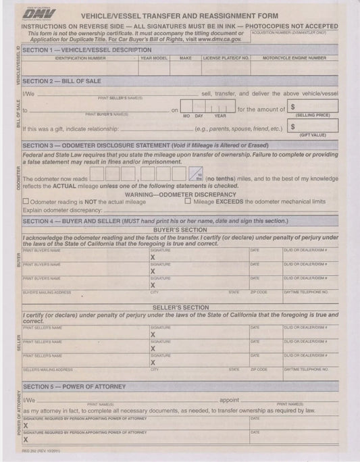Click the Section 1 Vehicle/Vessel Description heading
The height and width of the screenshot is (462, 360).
point(87,51)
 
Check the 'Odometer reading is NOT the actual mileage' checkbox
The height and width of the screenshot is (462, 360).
point(26,202)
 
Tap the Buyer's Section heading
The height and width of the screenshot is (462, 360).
point(179,230)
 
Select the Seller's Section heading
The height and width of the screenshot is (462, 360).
point(179,307)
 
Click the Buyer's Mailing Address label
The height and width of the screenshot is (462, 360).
point(47,292)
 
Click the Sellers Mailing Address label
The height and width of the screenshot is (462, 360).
point(47,370)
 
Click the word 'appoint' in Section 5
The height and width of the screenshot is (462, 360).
point(229,399)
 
